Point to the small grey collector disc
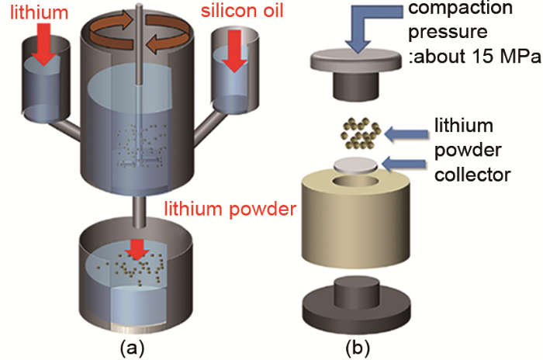(355, 163)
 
